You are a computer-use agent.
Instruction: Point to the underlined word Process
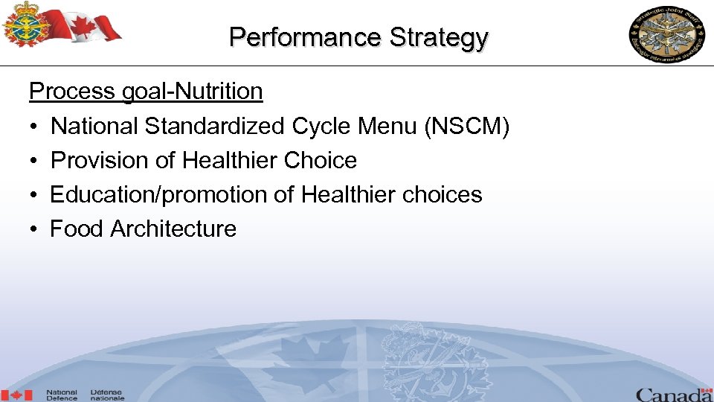pyautogui.click(x=71, y=92)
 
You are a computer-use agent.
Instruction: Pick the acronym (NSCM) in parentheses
pyautogui.click(x=466, y=127)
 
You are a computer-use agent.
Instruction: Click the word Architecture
pyautogui.click(x=173, y=229)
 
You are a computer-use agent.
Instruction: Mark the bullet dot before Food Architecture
pyautogui.click(x=34, y=229)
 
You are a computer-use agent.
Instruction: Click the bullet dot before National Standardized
pyautogui.click(x=34, y=127)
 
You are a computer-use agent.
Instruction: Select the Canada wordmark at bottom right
pyautogui.click(x=673, y=395)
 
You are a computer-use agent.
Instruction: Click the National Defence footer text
pyautogui.click(x=62, y=395)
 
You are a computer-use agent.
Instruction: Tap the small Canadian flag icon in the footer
pyautogui.click(x=16, y=395)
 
